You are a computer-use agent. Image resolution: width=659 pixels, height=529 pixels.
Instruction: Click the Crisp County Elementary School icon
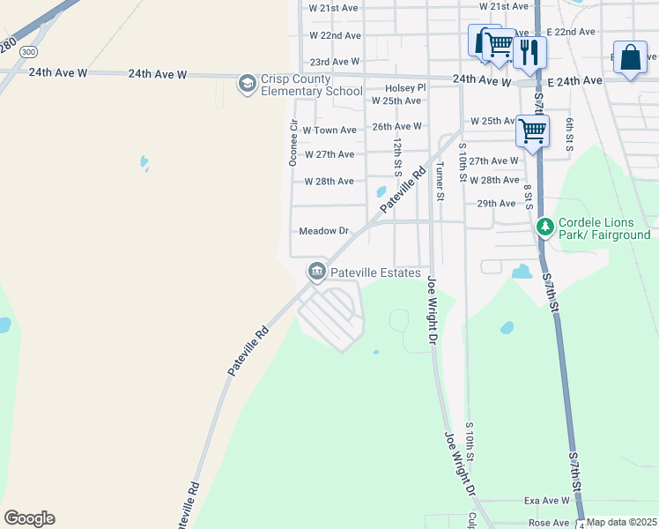pos(247,84)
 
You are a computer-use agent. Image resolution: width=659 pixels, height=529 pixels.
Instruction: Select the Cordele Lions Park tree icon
pos(545,227)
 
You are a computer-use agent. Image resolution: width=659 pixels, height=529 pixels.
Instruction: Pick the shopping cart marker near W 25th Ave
pos(532,130)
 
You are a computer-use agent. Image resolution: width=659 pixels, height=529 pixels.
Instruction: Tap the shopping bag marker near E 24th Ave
pos(631,58)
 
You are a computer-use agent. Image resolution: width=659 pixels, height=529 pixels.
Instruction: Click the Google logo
pos(29,518)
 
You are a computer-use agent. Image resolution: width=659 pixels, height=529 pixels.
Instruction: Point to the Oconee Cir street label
pos(294,137)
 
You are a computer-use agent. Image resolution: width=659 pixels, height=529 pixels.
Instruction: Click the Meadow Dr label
pos(324,231)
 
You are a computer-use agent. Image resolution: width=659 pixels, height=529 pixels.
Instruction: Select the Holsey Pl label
pos(405,88)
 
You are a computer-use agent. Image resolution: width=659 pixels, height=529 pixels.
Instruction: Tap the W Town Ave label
pos(329,130)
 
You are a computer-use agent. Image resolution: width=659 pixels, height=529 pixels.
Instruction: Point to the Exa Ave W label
pos(547,501)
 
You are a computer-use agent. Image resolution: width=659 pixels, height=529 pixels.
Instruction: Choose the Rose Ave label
pos(548,523)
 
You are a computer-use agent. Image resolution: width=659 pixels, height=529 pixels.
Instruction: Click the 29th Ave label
pos(496,204)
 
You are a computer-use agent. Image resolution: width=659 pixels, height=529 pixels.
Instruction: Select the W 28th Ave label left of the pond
pos(329,182)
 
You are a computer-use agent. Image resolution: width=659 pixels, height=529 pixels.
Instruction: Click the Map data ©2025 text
pos(622,523)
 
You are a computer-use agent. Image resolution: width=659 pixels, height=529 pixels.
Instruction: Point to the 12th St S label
pos(398,153)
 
